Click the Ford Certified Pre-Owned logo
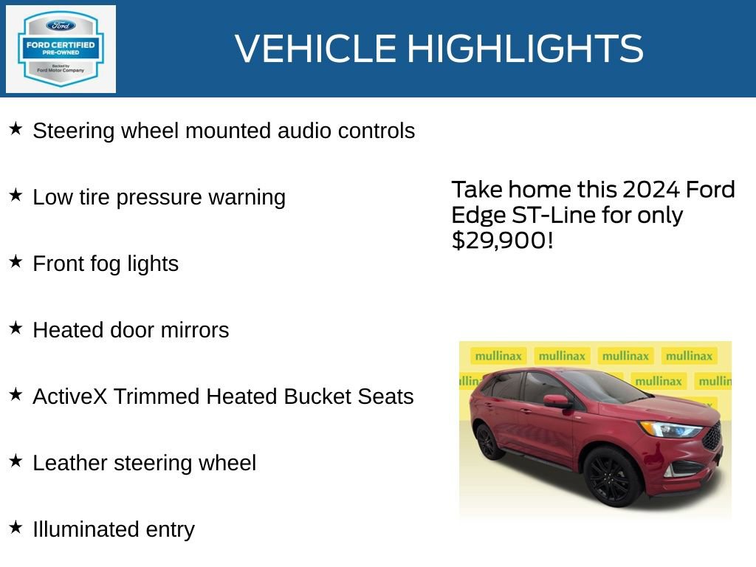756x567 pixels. coord(61,49)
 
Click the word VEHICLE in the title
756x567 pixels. coord(315,49)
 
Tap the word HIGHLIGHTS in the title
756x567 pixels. coord(525,49)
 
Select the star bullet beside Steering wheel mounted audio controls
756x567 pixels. coord(16,129)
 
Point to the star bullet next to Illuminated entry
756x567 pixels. coord(16,527)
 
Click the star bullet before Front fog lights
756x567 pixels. coord(16,261)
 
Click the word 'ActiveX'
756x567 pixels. coord(60,396)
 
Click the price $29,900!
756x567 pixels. coord(502,240)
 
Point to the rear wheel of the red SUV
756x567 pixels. coord(487,441)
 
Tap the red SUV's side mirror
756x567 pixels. coord(557,401)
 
